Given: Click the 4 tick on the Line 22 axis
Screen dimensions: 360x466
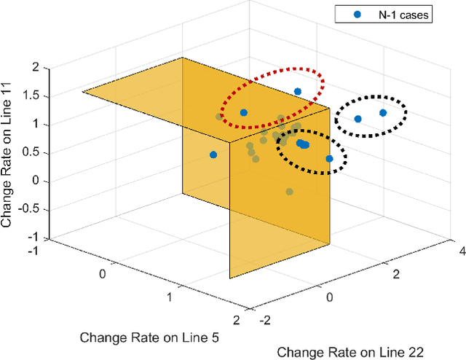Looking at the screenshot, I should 460,251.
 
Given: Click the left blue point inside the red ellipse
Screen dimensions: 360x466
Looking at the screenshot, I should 244,113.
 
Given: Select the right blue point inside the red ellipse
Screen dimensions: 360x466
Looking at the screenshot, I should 298,92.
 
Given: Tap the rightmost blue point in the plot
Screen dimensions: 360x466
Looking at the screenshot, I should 383,113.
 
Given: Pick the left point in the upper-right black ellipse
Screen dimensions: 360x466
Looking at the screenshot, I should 358,119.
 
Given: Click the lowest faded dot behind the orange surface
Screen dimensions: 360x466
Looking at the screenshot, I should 290,192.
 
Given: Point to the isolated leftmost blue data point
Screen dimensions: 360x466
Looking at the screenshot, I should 213,154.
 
